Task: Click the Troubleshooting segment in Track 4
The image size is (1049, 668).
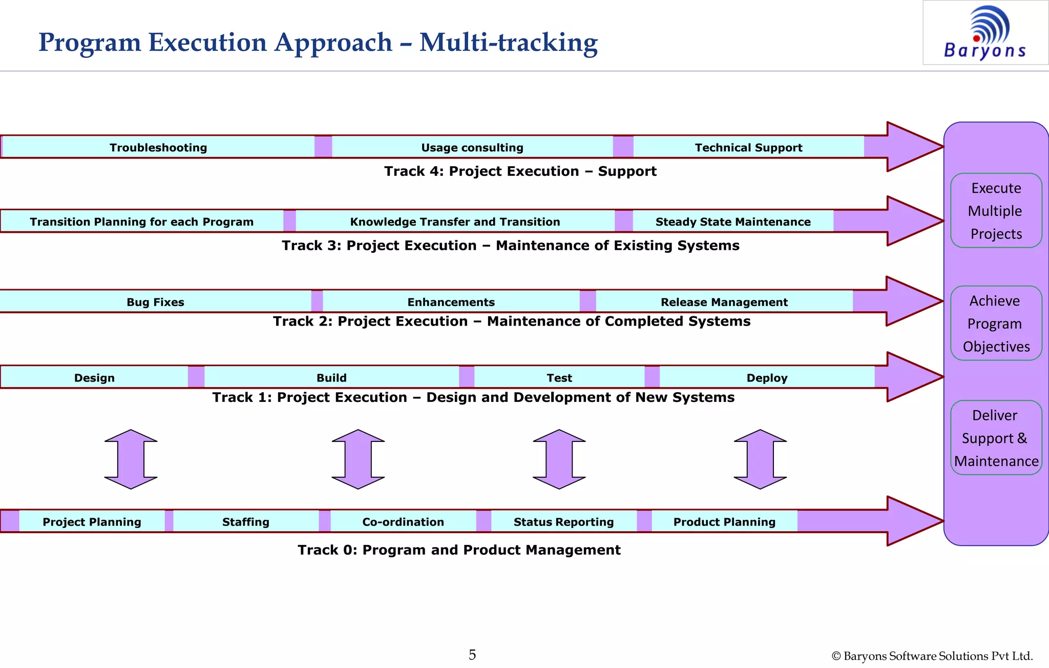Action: click(x=158, y=147)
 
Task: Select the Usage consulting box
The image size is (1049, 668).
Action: click(x=472, y=147)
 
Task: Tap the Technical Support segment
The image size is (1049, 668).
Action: click(x=748, y=147)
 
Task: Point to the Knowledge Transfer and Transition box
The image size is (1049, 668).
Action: click(x=455, y=221)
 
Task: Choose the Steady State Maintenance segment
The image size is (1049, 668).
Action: click(x=733, y=221)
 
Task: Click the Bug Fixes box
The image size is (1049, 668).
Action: click(x=155, y=302)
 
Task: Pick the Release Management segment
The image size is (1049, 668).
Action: click(x=724, y=302)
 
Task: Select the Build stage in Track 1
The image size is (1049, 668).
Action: click(x=331, y=377)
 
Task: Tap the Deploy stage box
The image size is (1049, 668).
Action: click(x=767, y=377)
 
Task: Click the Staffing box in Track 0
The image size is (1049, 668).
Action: click(x=246, y=521)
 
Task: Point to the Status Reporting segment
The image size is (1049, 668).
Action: click(x=563, y=521)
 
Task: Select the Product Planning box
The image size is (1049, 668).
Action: click(x=724, y=521)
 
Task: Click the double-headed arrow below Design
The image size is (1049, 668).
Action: click(x=131, y=459)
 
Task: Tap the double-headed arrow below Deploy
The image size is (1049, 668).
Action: click(x=760, y=459)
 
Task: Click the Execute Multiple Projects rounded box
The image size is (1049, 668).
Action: click(x=996, y=211)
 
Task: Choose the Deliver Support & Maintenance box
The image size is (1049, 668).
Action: click(x=996, y=438)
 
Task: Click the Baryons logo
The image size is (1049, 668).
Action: click(x=985, y=33)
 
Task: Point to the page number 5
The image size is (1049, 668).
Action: click(x=472, y=655)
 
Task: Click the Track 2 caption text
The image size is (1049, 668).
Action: click(x=511, y=321)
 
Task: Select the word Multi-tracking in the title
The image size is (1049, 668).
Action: click(x=508, y=43)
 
